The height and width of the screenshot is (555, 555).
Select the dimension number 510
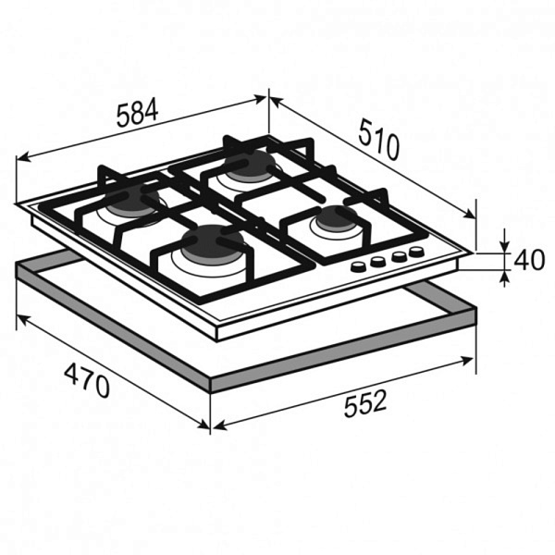(378, 140)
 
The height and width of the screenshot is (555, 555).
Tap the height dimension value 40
(529, 260)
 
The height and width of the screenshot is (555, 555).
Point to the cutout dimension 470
(87, 380)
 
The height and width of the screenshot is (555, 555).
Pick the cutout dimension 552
(364, 403)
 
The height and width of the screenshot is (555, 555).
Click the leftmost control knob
(359, 266)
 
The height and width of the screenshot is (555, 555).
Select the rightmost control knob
(415, 252)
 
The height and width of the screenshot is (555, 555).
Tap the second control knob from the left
(377, 261)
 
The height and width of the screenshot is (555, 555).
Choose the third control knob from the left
(400, 256)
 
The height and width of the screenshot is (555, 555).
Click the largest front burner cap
(213, 243)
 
